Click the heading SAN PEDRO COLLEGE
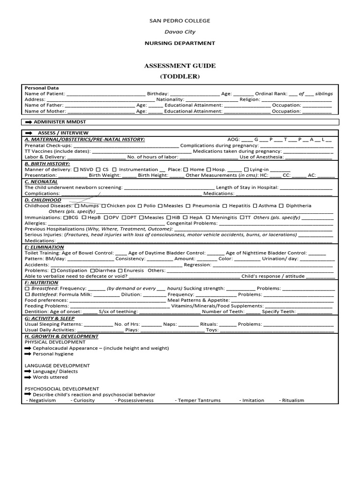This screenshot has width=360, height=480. pos(180,21)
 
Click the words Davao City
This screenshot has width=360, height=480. pos(180,32)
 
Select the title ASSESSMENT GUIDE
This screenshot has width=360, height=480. pos(180,66)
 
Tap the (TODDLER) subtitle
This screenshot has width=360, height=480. pos(180,76)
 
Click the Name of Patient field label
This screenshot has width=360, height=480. pos(45,94)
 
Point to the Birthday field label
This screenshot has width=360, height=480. pos(157,94)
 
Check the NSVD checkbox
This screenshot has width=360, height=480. pos(76,170)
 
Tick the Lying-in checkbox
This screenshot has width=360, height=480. pos(247,170)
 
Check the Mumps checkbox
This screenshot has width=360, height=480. pos(77,206)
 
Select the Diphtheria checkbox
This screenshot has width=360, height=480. pos(281,206)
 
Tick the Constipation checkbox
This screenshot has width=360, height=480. pos(53,271)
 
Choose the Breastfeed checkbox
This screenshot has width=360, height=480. pos(27,289)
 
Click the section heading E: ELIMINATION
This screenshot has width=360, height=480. pos(44,247)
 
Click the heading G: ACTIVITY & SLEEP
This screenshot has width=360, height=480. pos(49,318)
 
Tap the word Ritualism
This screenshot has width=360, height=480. pos(293,400)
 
